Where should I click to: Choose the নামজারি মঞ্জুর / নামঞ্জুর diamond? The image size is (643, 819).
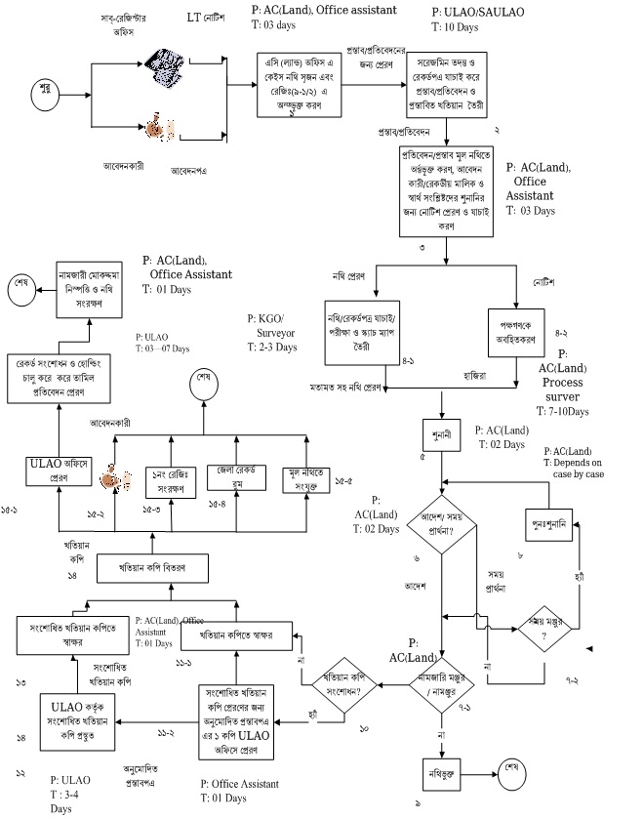442,680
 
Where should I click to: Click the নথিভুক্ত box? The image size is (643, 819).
442,766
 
